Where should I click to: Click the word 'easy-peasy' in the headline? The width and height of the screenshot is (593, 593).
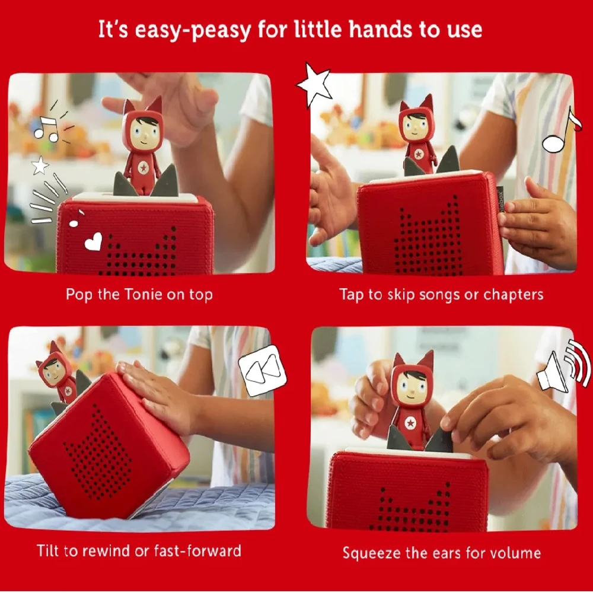coord(193,30)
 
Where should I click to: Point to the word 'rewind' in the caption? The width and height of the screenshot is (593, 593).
coord(106,551)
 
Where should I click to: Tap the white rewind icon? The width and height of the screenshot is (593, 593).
coord(263,371)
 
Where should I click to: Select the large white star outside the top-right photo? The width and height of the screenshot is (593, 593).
coord(314,84)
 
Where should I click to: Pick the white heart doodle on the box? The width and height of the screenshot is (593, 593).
coord(94,241)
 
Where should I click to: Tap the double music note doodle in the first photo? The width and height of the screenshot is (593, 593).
coord(46,129)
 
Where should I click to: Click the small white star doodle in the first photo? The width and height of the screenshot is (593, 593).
coord(40,165)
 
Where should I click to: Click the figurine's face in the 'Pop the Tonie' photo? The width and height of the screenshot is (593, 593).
coord(143,133)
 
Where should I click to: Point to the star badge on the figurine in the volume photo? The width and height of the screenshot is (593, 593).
coord(410,423)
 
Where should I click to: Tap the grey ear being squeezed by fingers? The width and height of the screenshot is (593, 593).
coord(440,439)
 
